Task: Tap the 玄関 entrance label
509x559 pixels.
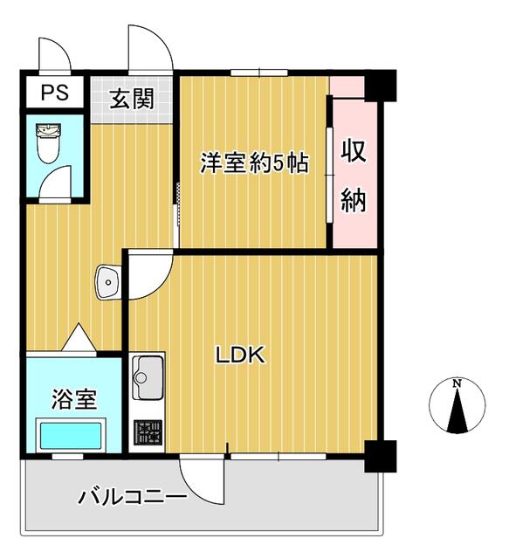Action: point(131,98)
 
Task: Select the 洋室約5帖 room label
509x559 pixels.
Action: point(254,163)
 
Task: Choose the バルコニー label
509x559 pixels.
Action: point(133,499)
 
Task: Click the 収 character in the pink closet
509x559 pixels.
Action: point(353,151)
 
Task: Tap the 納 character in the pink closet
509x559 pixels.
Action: point(353,200)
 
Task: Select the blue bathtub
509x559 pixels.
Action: point(70,434)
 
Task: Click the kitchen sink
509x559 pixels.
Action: point(148,378)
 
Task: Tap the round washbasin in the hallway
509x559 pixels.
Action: point(108,280)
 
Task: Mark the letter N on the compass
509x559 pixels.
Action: point(457,383)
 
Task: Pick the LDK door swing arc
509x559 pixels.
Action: point(148,275)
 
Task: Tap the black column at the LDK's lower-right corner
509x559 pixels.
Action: point(380,454)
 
